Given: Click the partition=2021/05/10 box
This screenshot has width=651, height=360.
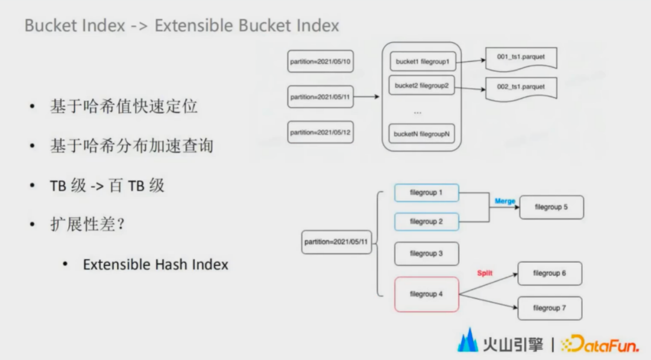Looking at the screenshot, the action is click(x=321, y=62).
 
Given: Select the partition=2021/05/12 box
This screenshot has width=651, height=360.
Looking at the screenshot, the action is click(x=321, y=133).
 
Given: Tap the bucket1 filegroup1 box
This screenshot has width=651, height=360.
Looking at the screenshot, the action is click(x=423, y=62).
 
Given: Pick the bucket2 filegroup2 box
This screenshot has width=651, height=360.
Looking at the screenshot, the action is click(x=422, y=85).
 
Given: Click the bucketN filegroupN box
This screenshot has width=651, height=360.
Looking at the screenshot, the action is click(x=422, y=134).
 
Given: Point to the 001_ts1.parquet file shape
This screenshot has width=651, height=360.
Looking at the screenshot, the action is click(x=521, y=58).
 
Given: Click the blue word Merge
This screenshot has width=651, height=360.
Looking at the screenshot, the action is click(x=505, y=201).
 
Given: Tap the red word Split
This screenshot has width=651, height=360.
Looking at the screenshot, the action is click(x=485, y=273).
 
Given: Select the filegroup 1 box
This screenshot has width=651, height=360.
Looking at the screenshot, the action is click(x=426, y=193).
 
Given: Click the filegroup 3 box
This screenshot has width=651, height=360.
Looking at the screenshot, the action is click(x=426, y=253).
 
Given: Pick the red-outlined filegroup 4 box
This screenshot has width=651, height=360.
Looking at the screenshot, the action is click(x=426, y=294).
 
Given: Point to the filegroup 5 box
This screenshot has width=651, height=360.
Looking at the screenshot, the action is click(x=552, y=207).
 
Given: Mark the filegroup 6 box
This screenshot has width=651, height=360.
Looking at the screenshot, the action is click(x=550, y=273).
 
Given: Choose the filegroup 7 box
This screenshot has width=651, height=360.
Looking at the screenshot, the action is click(x=550, y=308).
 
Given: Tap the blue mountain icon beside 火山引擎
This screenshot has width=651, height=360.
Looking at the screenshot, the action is click(x=468, y=341).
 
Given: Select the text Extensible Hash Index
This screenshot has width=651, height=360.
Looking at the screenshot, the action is click(x=156, y=265).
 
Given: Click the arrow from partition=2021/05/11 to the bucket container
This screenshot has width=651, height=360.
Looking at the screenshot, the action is click(x=366, y=96).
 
